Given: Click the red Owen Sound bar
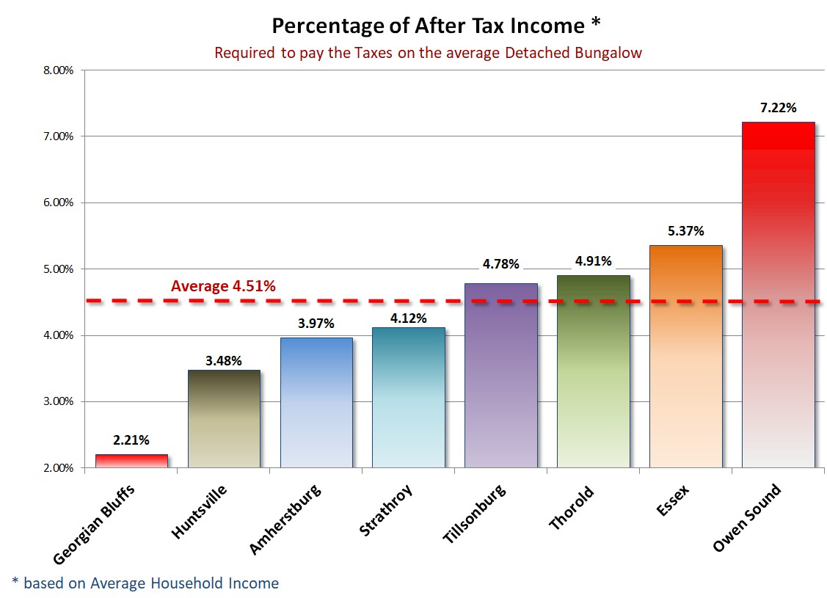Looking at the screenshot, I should click(779, 293).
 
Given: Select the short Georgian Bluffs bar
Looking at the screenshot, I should click(132, 461).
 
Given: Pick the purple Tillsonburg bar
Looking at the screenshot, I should click(501, 375).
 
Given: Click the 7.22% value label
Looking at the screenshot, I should click(778, 108).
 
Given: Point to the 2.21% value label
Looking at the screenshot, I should click(131, 440).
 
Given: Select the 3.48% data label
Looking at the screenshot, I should click(224, 360).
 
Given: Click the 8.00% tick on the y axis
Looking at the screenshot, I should click(58, 70).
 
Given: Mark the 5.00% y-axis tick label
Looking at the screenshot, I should click(58, 269).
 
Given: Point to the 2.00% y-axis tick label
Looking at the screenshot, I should click(58, 468).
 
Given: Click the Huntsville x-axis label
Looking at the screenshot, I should click(199, 511).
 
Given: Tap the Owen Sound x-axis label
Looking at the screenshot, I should click(747, 518).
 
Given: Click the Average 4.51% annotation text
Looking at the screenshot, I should click(223, 286).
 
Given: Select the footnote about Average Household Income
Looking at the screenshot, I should click(145, 583).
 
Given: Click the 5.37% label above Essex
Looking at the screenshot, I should click(685, 230).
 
